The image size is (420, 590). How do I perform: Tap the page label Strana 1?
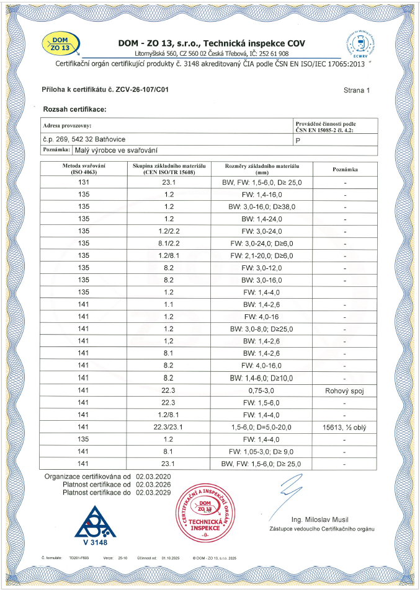pyautogui.click(x=356, y=90)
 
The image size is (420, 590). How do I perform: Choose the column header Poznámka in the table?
pyautogui.click(x=344, y=169)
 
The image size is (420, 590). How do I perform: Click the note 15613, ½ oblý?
pyautogui.click(x=344, y=427)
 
